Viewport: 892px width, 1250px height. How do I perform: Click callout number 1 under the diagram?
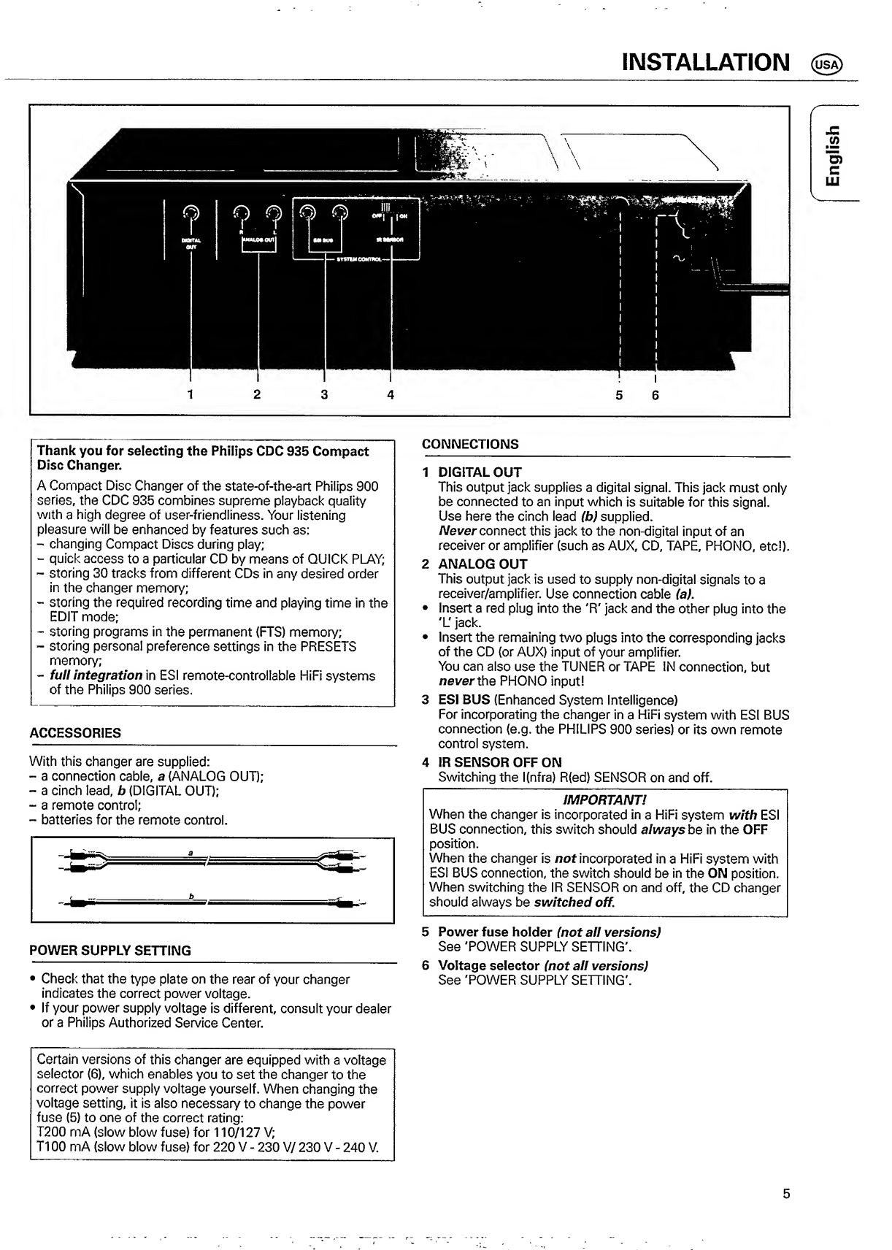tap(190, 395)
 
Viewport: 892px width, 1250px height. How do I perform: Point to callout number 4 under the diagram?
tap(391, 395)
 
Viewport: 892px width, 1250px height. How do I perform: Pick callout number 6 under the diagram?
tap(655, 395)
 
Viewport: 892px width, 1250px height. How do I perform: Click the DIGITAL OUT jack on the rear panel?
tap(190, 212)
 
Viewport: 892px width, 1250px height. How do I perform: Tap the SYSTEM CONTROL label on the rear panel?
tap(356, 258)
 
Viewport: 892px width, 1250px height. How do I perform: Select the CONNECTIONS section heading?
tap(471, 444)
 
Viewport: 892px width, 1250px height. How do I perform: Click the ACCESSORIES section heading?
tap(75, 733)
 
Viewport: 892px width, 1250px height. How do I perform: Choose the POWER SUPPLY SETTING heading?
tap(110, 951)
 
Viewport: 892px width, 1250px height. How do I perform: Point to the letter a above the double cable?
tap(190, 852)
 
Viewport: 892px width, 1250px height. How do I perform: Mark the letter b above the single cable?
tap(191, 897)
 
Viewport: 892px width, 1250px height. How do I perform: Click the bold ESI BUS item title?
tap(464, 700)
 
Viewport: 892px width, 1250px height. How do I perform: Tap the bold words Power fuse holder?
tap(495, 932)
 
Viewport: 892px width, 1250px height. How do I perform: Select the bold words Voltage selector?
tap(489, 965)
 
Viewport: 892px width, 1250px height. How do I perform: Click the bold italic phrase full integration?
tap(96, 675)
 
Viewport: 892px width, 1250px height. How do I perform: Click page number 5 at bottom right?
tap(786, 1195)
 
